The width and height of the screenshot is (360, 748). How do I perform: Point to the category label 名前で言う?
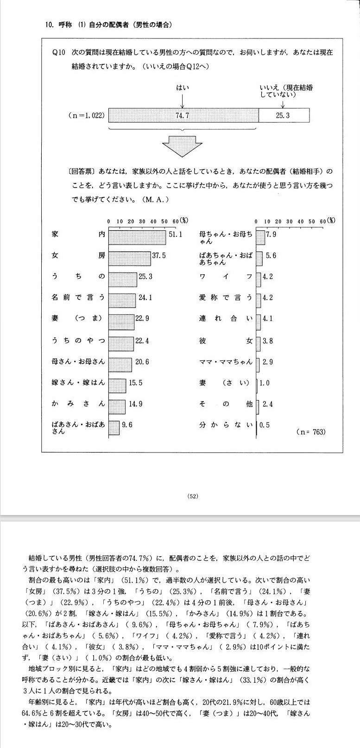[x=78, y=298]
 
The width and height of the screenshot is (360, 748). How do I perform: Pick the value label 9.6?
[x=127, y=425]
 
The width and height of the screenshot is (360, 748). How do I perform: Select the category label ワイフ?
[x=226, y=277]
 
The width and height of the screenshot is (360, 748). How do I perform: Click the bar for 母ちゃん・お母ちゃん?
[x=260, y=237]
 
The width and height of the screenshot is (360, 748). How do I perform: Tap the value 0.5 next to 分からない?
[x=265, y=425]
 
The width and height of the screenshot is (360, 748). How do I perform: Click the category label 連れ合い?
[x=226, y=319]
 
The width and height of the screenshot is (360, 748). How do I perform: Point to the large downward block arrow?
[x=183, y=147]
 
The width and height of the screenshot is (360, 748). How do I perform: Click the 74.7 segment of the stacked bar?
[x=183, y=115]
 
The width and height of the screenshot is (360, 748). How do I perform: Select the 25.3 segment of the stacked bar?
[x=283, y=115]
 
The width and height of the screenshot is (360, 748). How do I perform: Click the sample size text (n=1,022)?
[x=86, y=115]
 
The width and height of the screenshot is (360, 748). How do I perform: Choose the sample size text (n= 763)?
[x=310, y=432]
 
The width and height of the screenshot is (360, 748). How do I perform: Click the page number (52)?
[x=193, y=496]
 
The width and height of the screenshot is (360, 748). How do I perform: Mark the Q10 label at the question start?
[x=59, y=52]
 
